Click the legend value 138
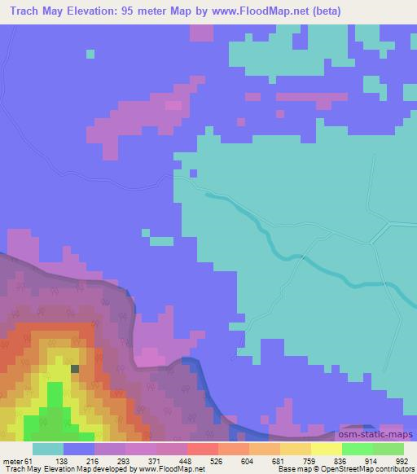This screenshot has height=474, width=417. tap(80, 460)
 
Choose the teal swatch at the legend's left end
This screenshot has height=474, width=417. tap(48, 449)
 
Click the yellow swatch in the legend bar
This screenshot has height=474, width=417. tap(327, 449)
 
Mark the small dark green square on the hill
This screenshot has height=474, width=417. tap(75, 368)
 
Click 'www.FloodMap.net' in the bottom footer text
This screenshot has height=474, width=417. tap(172, 470)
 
